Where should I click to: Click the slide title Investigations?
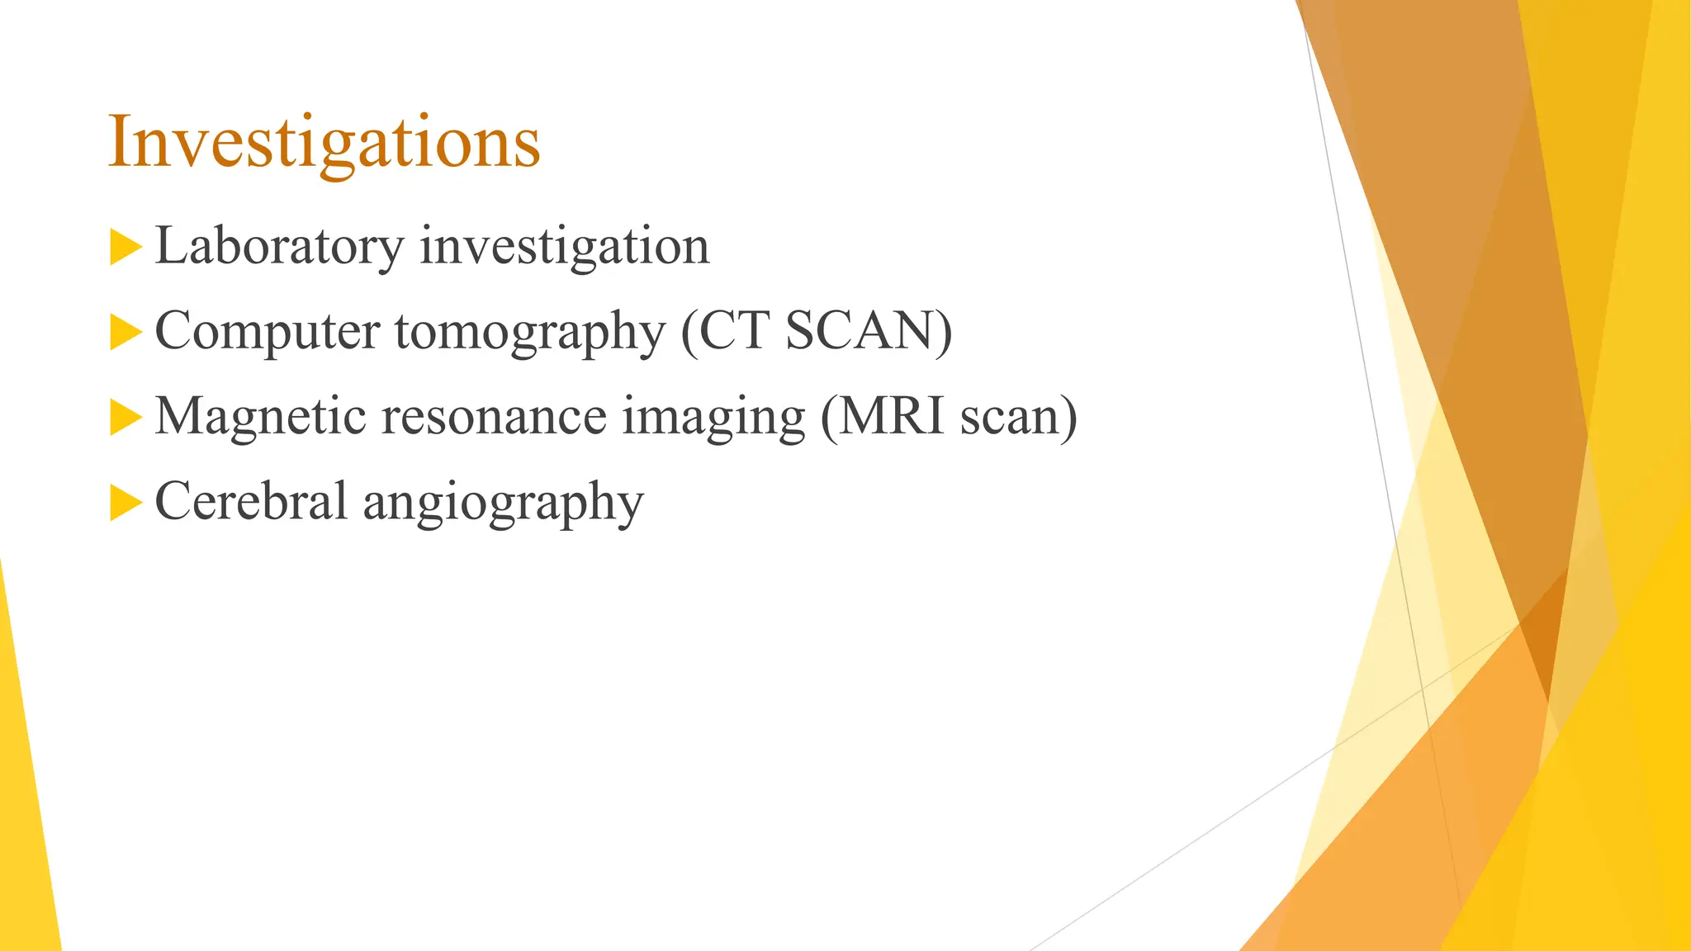tap(324, 142)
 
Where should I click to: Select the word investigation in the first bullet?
tap(564, 246)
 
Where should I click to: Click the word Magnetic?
tap(260, 415)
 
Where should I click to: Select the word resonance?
tap(493, 417)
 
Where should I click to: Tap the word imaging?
tap(713, 417)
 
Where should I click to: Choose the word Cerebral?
tap(250, 501)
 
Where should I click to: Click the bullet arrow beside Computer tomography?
tap(125, 332)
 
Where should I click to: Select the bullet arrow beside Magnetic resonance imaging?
tap(125, 417)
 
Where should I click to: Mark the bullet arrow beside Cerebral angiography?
tap(125, 502)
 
